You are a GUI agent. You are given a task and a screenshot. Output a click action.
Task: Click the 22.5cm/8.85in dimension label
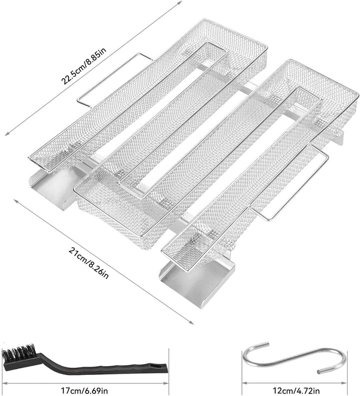84,66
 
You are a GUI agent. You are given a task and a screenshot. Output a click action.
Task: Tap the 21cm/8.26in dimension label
88,263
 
